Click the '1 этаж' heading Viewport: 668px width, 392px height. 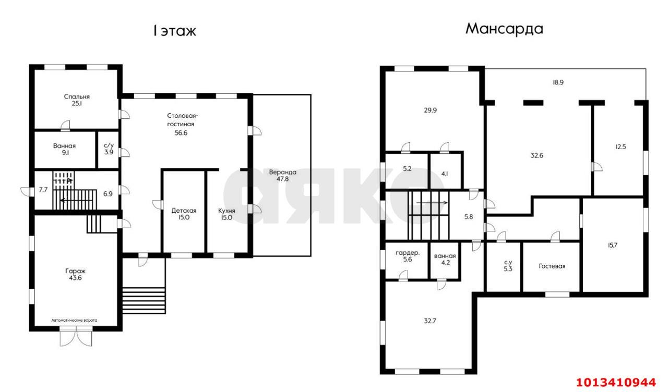pyautogui.click(x=175, y=31)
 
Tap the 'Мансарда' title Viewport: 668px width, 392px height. pyautogui.click(x=504, y=29)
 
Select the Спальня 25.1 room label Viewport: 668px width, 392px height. pyautogui.click(x=77, y=100)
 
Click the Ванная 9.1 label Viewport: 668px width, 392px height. pyautogui.click(x=64, y=149)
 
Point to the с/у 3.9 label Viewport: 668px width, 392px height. pyautogui.click(x=109, y=149)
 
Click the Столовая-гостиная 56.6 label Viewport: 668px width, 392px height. pyautogui.click(x=182, y=124)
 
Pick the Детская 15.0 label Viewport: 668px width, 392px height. pyautogui.click(x=184, y=214)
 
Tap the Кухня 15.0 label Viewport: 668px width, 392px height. pyautogui.click(x=226, y=214)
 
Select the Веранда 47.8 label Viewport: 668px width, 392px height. pyautogui.click(x=282, y=176)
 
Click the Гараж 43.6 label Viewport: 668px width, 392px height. pyautogui.click(x=75, y=274)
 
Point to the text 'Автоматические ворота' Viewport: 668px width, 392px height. pyautogui.click(x=74, y=320)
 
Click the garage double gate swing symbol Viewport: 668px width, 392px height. pyautogui.click(x=76, y=338)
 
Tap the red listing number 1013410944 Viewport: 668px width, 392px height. pyautogui.click(x=616, y=382)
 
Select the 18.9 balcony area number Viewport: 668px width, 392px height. pyautogui.click(x=558, y=82)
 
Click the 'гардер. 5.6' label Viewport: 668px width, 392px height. pyautogui.click(x=408, y=256)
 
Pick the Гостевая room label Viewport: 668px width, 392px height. pyautogui.click(x=552, y=266)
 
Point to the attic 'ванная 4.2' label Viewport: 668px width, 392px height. pyautogui.click(x=445, y=259)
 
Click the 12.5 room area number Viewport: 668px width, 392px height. pyautogui.click(x=621, y=146)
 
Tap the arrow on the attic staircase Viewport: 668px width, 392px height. pyautogui.click(x=432, y=203)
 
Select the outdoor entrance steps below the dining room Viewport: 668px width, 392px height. pyautogui.click(x=144, y=300)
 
